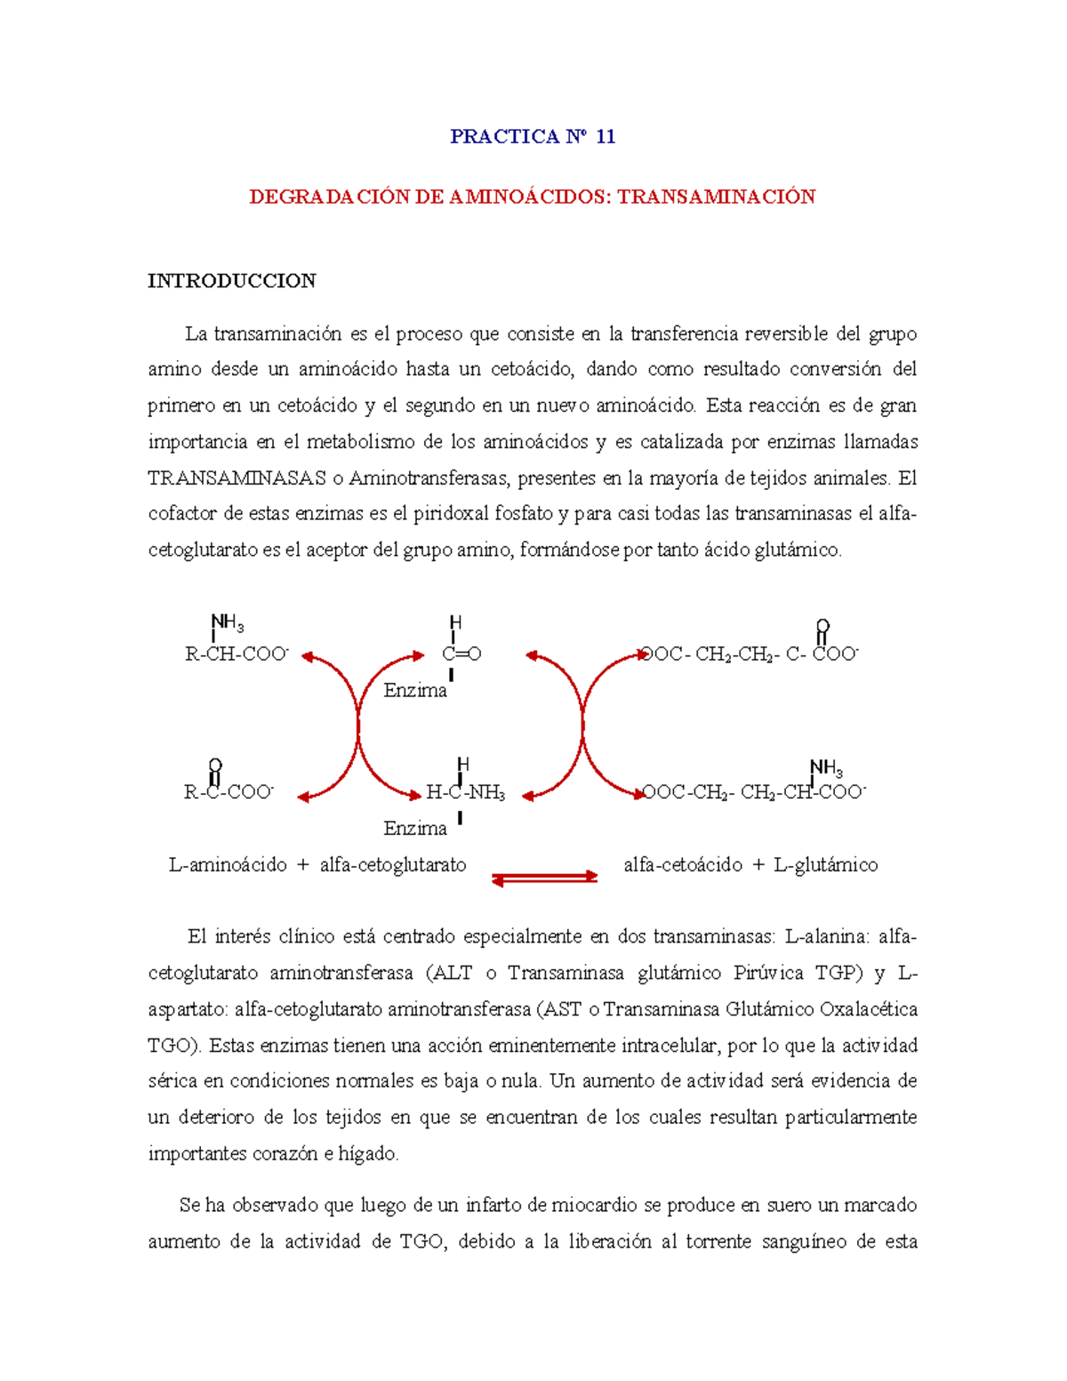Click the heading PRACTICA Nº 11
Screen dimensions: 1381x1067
point(533,136)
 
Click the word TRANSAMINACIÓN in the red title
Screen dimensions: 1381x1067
point(717,197)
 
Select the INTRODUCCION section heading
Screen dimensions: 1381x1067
point(231,281)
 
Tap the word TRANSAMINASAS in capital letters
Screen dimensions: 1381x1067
point(237,478)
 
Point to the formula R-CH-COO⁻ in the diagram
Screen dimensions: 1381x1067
point(237,654)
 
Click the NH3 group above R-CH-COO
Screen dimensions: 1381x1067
point(227,622)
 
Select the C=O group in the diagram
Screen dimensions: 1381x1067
point(461,654)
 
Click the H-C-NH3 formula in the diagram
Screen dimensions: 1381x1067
point(465,792)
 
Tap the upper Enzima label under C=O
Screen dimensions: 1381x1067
point(415,690)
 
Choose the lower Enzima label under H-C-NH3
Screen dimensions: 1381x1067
point(415,828)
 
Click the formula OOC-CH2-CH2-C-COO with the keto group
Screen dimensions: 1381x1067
point(750,654)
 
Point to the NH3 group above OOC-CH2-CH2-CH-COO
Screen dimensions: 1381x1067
point(826,767)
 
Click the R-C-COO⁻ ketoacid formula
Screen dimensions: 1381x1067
point(229,792)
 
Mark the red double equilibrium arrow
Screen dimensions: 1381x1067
point(545,879)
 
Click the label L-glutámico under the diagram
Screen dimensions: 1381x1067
point(826,864)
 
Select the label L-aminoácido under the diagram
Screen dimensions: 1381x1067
point(228,864)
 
